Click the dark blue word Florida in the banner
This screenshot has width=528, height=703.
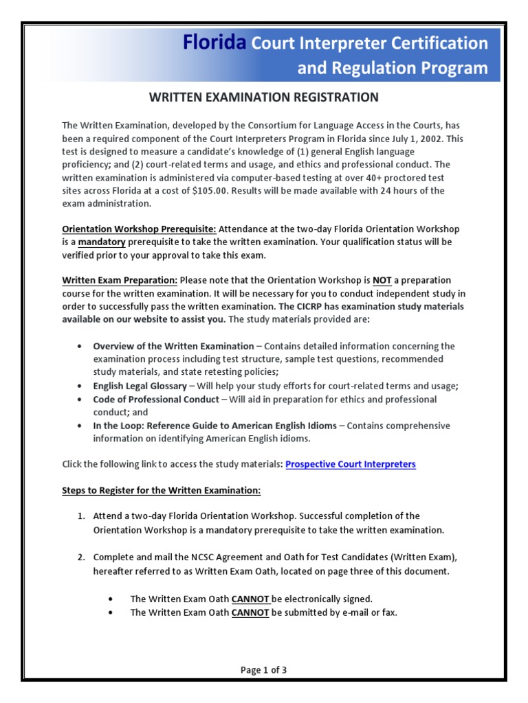[x=214, y=43]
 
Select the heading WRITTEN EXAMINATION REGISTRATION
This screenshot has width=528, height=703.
[x=264, y=97]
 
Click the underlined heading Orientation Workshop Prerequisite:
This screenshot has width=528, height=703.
[x=140, y=229]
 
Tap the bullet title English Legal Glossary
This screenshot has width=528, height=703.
[x=140, y=386]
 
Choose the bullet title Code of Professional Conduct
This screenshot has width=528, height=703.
[x=156, y=399]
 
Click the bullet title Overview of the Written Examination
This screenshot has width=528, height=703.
[x=173, y=346]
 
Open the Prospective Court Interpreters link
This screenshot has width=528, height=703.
[x=351, y=464]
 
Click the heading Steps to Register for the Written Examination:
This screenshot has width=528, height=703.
[x=162, y=490]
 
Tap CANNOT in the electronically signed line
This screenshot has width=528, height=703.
[x=250, y=599]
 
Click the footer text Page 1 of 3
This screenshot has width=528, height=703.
[x=264, y=671]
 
